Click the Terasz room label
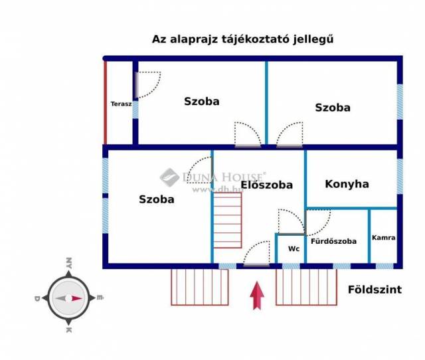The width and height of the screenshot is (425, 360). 121,104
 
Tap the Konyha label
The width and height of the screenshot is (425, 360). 347,184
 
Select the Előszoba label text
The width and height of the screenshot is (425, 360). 266,185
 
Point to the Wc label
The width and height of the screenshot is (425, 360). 294,249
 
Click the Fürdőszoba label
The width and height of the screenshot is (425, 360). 333,241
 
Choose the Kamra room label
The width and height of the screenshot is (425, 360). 384,237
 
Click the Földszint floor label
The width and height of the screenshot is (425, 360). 375,289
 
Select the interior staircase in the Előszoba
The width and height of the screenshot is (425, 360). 227,219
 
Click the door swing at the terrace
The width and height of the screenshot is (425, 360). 148,84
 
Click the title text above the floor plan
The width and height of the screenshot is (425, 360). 242,39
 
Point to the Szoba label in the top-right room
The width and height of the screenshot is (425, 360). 333,108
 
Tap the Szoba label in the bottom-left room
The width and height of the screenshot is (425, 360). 157,199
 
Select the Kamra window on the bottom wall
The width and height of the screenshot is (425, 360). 384,266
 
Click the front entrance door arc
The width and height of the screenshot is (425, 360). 256,253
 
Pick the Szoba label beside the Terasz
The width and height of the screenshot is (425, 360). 201,102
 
